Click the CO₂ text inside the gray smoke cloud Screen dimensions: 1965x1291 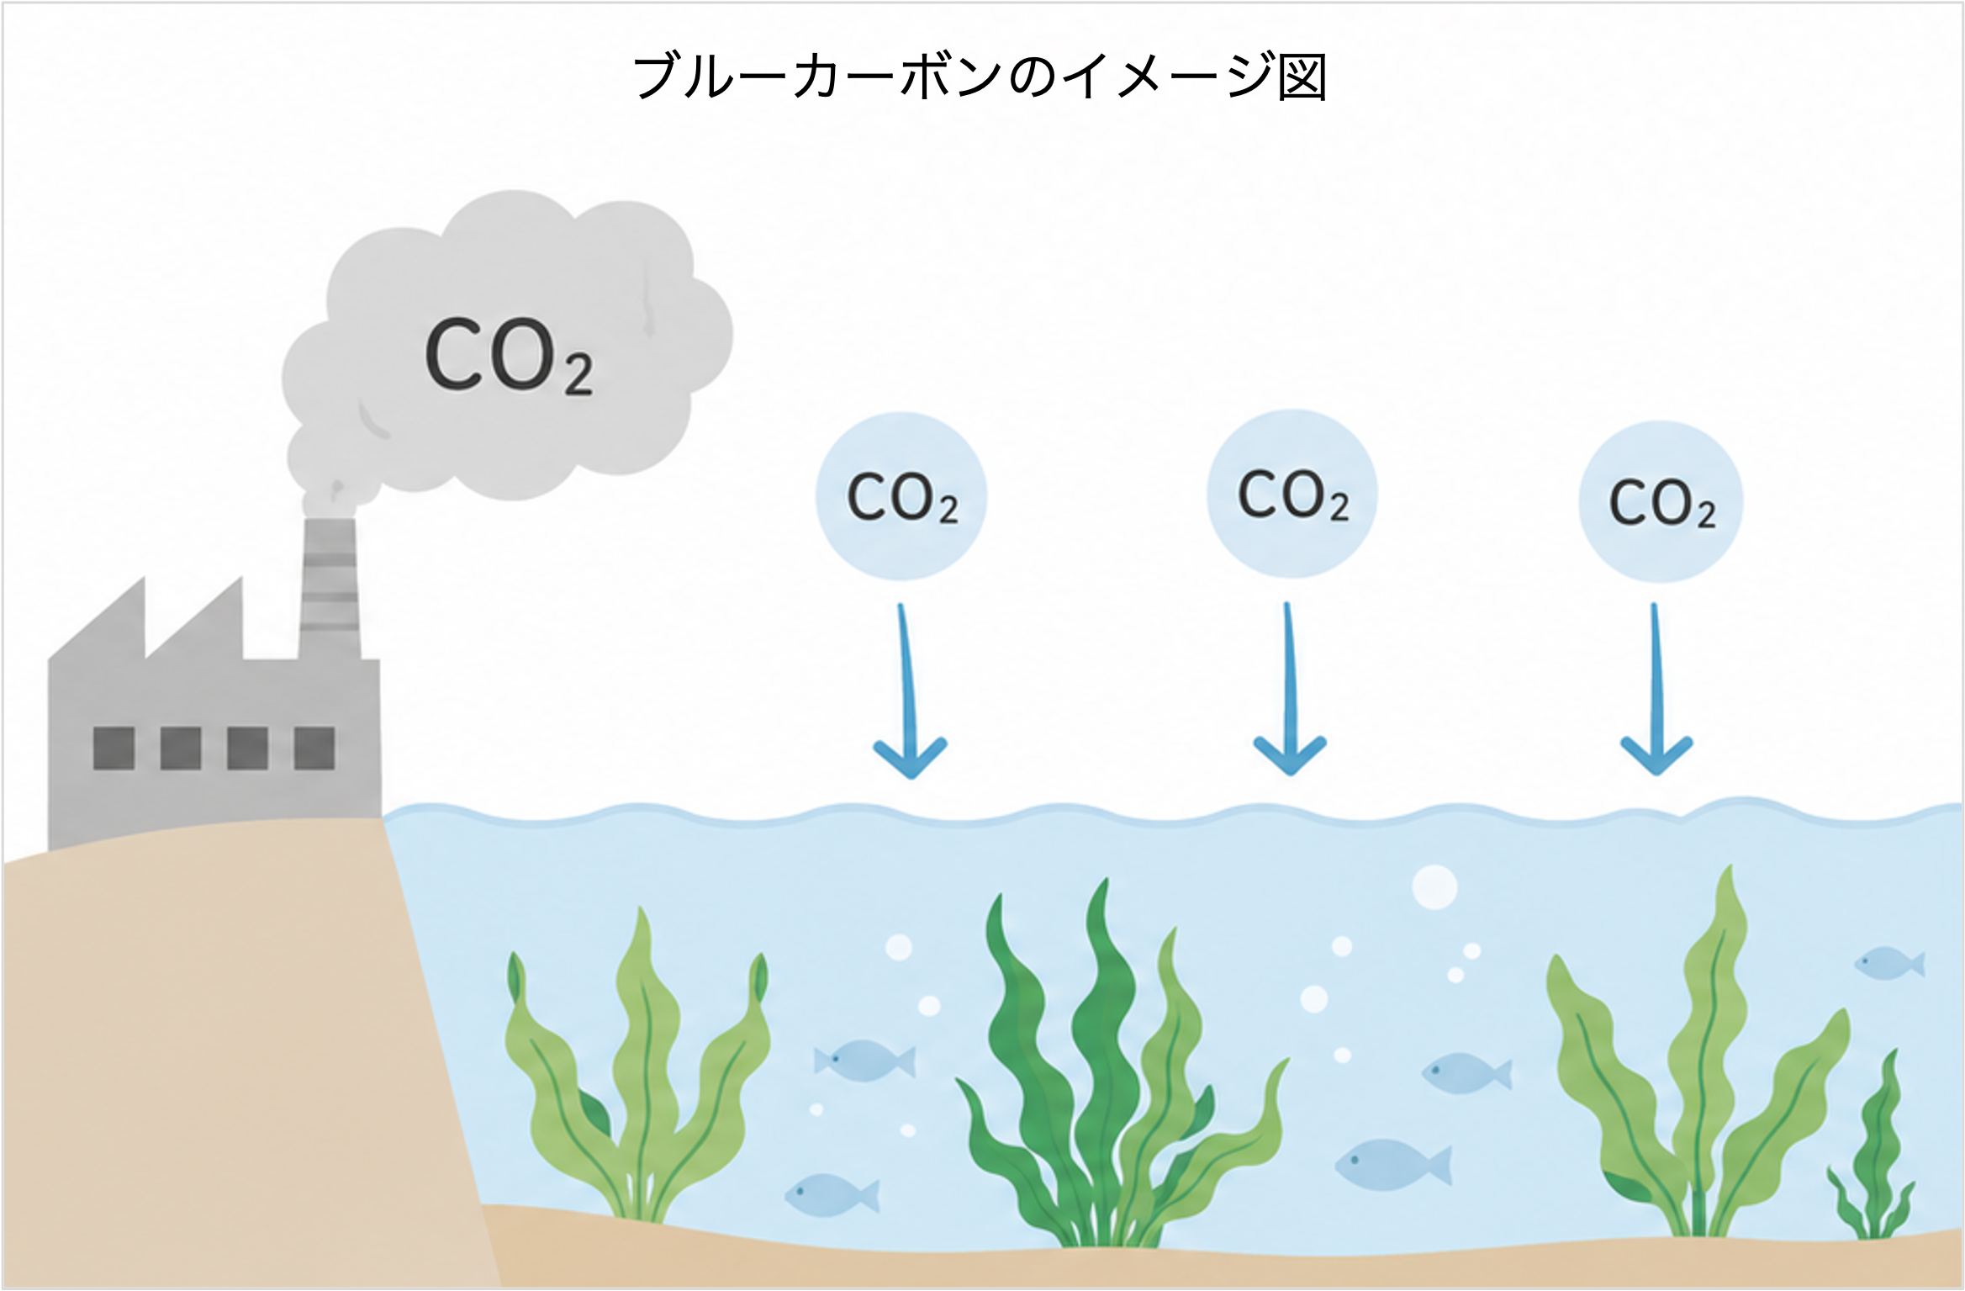coord(509,357)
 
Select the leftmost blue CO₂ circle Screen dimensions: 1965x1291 coord(901,496)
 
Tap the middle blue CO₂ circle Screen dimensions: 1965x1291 coord(1292,494)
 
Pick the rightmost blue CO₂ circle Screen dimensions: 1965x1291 coord(1661,502)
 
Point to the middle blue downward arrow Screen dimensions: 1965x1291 coord(1289,689)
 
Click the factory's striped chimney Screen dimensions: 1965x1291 coord(330,589)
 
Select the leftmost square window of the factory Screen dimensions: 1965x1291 coord(114,748)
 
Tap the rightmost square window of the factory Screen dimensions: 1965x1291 coord(314,748)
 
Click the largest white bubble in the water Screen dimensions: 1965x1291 coord(1434,886)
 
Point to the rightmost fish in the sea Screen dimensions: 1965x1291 coord(1890,963)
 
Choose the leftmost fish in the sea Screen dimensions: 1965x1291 coord(832,1195)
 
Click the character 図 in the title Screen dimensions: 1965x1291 coord(1302,77)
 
